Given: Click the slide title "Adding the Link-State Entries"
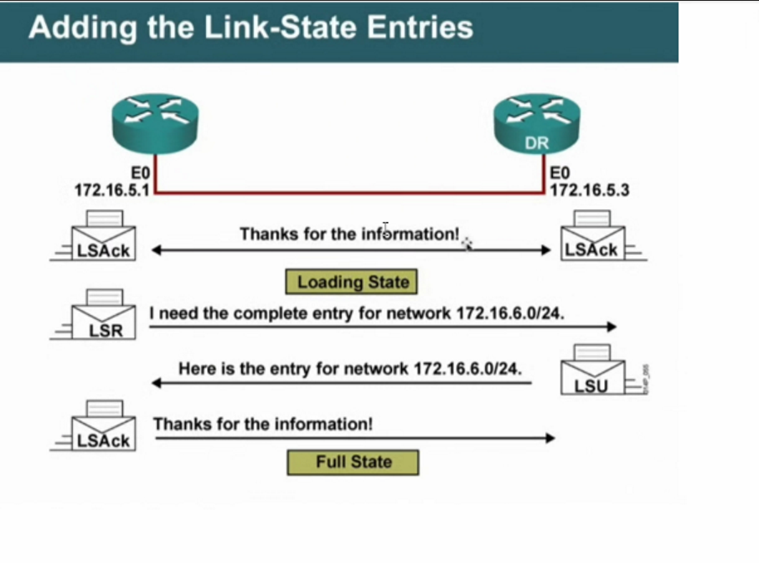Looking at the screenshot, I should pyautogui.click(x=250, y=27).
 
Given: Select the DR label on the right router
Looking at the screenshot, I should pyautogui.click(x=536, y=143).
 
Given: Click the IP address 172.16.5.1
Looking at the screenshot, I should pyautogui.click(x=111, y=190).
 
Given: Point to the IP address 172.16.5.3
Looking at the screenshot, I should pyautogui.click(x=589, y=190).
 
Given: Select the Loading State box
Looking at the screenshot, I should pyautogui.click(x=352, y=281).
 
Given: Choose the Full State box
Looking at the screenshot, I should pyautogui.click(x=353, y=462).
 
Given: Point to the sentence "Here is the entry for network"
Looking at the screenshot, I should pyautogui.click(x=349, y=368).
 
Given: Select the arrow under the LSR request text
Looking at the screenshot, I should pyautogui.click(x=382, y=328).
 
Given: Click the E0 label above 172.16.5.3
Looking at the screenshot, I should pyautogui.click(x=560, y=173).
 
